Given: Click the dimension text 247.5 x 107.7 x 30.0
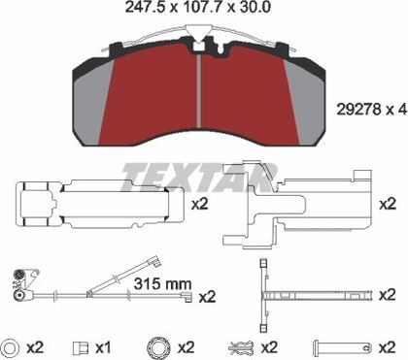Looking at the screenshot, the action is (197, 7).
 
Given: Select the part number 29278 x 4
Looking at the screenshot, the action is (371, 110).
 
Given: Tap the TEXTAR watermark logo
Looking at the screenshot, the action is (198, 178).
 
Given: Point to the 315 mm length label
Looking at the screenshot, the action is (163, 283).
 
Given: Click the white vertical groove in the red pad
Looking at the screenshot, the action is (199, 91).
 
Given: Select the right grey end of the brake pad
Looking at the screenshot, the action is (304, 103).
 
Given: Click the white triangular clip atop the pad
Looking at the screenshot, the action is (197, 35).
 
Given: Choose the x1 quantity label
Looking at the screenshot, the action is (103, 347).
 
